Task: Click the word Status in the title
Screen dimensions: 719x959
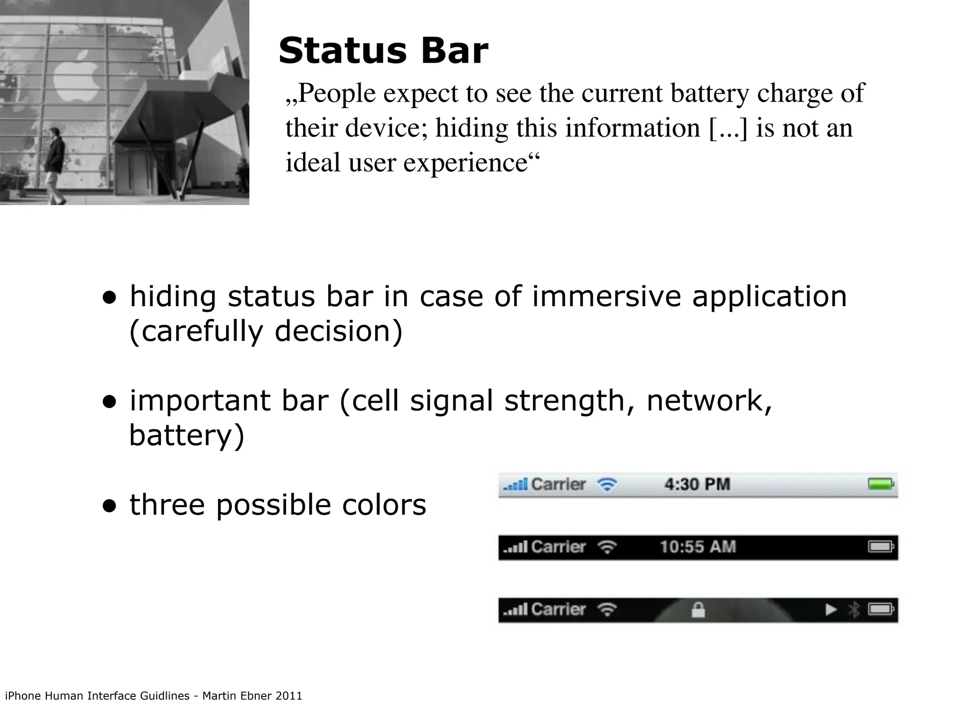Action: pyautogui.click(x=342, y=51)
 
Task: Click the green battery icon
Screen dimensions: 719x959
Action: pyautogui.click(x=881, y=484)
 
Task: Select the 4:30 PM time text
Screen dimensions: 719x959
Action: pyautogui.click(x=697, y=484)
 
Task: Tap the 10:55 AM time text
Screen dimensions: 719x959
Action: pyautogui.click(x=698, y=547)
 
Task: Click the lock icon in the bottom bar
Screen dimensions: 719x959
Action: pyautogui.click(x=698, y=610)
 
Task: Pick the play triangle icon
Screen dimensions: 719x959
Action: pyautogui.click(x=831, y=609)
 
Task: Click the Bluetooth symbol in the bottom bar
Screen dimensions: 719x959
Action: pyautogui.click(x=854, y=609)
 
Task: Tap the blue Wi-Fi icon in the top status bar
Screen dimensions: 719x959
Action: pyautogui.click(x=607, y=484)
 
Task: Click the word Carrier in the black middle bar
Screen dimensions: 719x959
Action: pyautogui.click(x=559, y=547)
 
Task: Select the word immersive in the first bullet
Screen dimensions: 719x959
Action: pyautogui.click(x=606, y=297)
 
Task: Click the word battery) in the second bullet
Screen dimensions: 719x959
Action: pyautogui.click(x=186, y=435)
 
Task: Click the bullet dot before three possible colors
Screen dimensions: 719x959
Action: pyautogui.click(x=110, y=506)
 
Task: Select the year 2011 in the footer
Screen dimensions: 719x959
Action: pyautogui.click(x=289, y=696)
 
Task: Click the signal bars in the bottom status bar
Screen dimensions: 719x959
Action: pyautogui.click(x=515, y=610)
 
